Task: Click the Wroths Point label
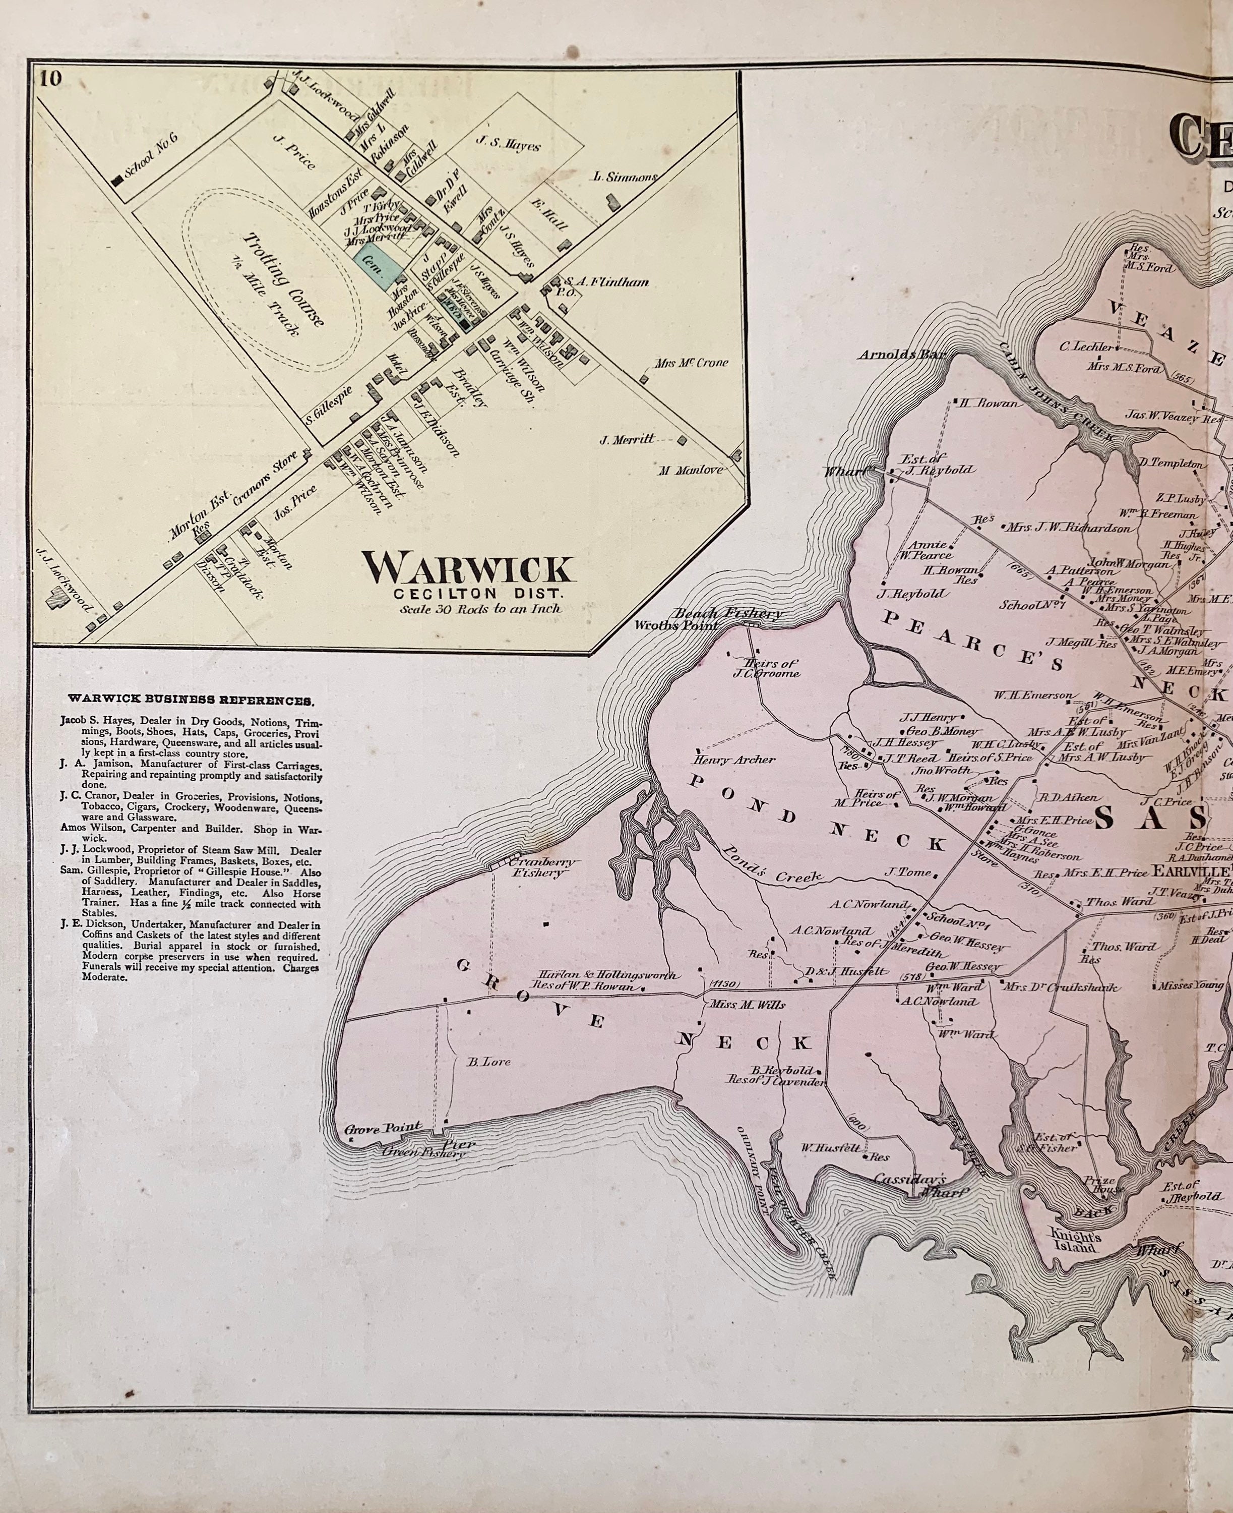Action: tap(675, 625)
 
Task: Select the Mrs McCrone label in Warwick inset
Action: tap(691, 363)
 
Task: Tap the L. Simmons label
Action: tap(627, 177)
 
